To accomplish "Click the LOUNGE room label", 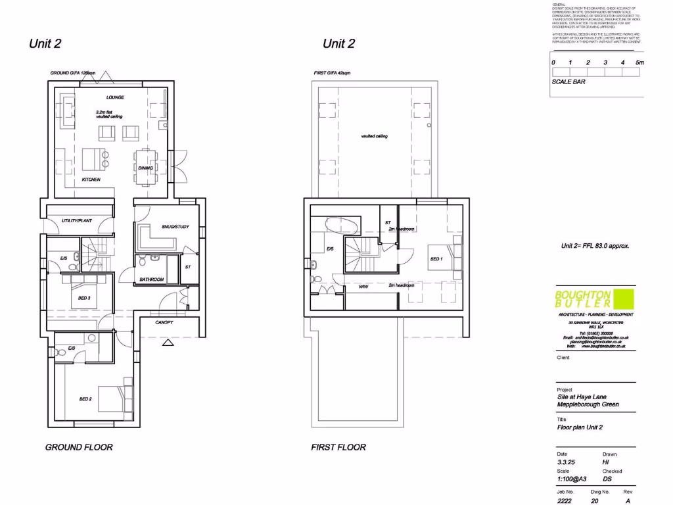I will pyautogui.click(x=116, y=97).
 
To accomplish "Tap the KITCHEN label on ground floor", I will pyautogui.click(x=91, y=180).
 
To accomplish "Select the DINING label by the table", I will pyautogui.click(x=145, y=168).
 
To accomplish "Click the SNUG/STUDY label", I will pyautogui.click(x=175, y=227).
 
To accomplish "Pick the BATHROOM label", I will pyautogui.click(x=151, y=279).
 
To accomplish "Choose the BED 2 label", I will pyautogui.click(x=85, y=398).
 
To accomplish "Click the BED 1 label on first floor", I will pyautogui.click(x=436, y=259).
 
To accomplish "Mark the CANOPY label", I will pyautogui.click(x=164, y=323).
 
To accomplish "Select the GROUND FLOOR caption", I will pyautogui.click(x=79, y=447).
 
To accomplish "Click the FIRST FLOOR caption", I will pyautogui.click(x=338, y=447).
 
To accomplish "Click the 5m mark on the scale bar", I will pyautogui.click(x=639, y=62).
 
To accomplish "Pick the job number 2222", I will pyautogui.click(x=565, y=500).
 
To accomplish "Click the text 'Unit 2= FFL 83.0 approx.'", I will pyautogui.click(x=595, y=246).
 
